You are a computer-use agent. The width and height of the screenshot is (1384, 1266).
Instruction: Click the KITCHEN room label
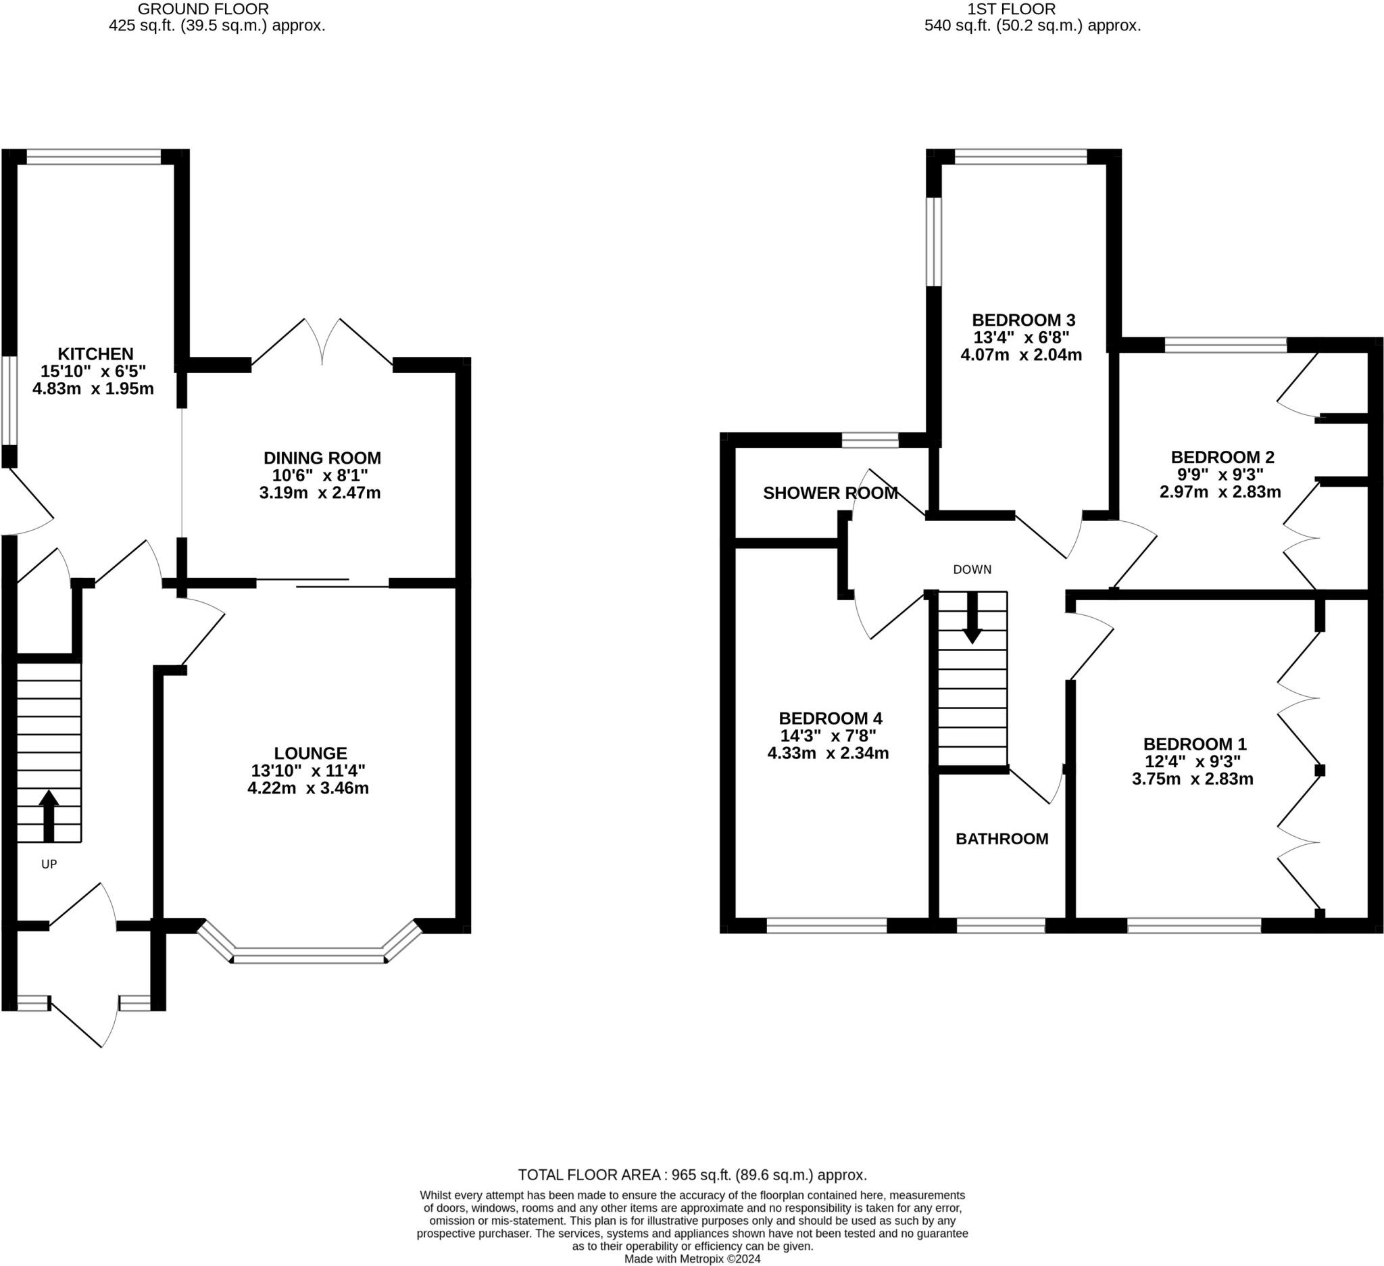(x=95, y=354)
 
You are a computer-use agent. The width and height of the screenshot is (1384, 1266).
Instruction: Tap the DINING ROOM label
(x=322, y=458)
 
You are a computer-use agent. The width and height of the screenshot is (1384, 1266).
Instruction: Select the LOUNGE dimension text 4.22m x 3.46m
(x=308, y=788)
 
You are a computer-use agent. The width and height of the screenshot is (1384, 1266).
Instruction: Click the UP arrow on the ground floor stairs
(x=48, y=816)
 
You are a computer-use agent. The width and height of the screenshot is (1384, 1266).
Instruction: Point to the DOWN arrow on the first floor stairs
(x=971, y=617)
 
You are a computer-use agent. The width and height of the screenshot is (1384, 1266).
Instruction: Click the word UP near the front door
(x=49, y=865)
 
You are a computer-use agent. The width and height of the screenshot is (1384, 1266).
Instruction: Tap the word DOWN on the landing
(x=972, y=570)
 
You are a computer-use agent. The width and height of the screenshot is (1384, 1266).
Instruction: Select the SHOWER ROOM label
(x=830, y=493)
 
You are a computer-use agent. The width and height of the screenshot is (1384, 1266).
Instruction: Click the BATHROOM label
(x=1002, y=839)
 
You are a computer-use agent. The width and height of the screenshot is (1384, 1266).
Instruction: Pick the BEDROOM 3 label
(x=1023, y=320)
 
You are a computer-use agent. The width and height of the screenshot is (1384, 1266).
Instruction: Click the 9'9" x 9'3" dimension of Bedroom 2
(x=1220, y=474)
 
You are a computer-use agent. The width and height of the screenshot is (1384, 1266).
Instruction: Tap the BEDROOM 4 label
(x=830, y=719)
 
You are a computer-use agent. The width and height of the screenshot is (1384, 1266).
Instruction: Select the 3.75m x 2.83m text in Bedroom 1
(x=1193, y=779)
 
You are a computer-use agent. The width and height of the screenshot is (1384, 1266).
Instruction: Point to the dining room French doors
(x=322, y=341)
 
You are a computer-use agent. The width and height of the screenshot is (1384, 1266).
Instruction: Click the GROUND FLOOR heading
(x=203, y=9)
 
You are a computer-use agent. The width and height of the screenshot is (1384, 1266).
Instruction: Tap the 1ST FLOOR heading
(x=1010, y=9)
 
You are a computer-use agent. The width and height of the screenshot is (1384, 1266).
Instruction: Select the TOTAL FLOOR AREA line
(x=692, y=1175)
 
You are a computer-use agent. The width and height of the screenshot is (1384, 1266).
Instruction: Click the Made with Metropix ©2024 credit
(x=692, y=1259)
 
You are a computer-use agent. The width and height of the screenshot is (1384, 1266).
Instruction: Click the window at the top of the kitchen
(x=94, y=157)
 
